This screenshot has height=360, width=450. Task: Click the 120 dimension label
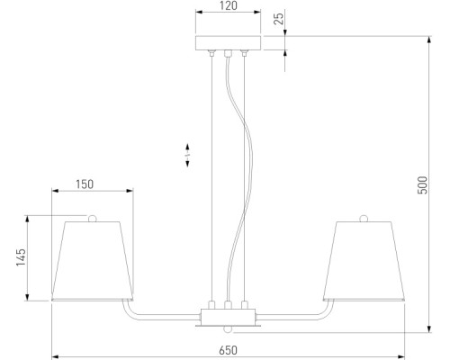click(229, 5)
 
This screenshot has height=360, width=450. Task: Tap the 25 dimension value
click(279, 18)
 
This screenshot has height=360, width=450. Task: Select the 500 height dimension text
click(422, 185)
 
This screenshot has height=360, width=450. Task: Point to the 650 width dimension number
click(228, 350)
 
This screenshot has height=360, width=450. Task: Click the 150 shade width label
click(85, 184)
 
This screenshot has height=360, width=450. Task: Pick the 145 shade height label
click(21, 257)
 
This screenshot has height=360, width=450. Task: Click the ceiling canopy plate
click(228, 43)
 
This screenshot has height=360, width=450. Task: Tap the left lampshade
click(93, 261)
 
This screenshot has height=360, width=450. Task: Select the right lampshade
click(364, 261)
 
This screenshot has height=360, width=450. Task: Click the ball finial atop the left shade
click(93, 219)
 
